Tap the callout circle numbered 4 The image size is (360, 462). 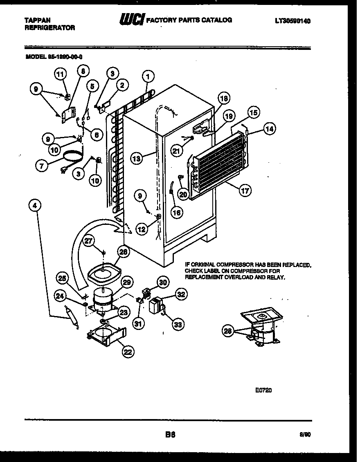35,206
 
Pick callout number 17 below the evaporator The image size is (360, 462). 245,191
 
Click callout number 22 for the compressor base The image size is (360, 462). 128,350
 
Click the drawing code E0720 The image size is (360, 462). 263,390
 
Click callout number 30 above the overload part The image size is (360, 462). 163,282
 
